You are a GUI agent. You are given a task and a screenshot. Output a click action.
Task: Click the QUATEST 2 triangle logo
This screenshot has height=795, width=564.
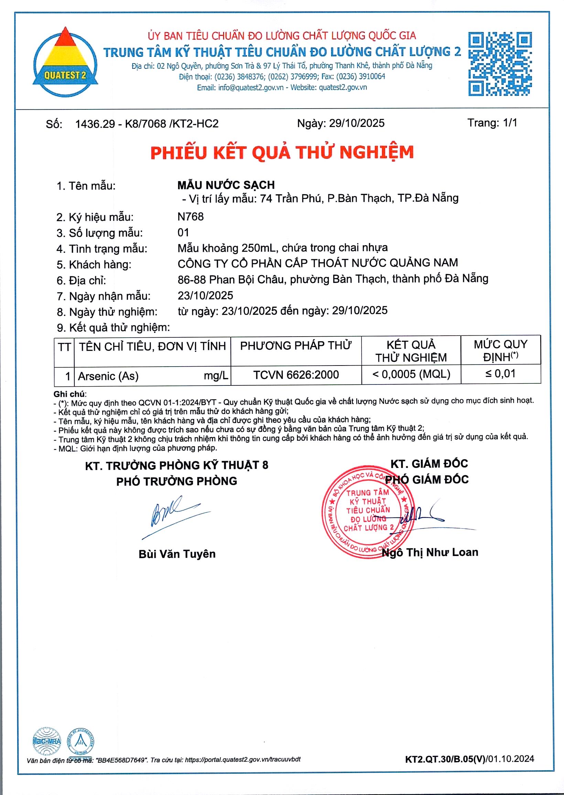[65, 62]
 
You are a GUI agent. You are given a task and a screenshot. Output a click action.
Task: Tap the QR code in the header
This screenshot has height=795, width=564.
[500, 64]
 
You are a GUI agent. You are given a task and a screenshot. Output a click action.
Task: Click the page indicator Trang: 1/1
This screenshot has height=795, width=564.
[492, 122]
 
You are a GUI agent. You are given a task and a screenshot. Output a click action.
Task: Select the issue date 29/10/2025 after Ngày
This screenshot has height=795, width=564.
[357, 123]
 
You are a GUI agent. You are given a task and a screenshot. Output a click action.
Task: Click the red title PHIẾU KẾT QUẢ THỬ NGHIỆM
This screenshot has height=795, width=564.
[282, 153]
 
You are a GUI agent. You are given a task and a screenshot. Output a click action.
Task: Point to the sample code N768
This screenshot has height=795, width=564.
[191, 217]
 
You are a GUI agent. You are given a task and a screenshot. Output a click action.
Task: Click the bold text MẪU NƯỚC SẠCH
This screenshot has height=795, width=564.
[226, 185]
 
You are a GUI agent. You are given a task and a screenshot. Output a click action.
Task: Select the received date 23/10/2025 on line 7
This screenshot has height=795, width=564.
[205, 295]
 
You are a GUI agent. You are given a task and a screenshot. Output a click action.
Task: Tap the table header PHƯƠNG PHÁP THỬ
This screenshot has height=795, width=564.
[295, 346]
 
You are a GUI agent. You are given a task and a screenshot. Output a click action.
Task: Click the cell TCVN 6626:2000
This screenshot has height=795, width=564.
[296, 375]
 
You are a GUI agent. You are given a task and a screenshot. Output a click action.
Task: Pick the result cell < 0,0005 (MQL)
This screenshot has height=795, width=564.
[411, 374]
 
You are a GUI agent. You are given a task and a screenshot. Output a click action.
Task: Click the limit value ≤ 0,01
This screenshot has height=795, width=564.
[500, 374]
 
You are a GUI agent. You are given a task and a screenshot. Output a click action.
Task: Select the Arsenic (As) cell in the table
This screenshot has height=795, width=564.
[108, 376]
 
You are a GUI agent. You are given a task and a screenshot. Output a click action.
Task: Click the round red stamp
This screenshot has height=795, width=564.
[368, 512]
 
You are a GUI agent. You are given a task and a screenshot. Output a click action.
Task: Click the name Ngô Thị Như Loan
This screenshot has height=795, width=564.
[430, 552]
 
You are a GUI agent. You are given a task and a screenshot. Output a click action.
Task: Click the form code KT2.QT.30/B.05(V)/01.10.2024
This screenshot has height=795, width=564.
[469, 759]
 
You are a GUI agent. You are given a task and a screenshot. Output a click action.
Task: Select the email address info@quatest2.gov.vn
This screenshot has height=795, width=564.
[251, 87]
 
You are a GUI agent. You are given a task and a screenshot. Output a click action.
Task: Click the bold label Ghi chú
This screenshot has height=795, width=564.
[69, 394]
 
